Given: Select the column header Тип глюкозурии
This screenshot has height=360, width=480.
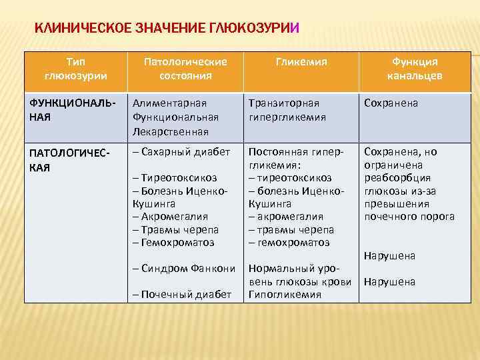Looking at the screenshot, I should tap(75, 69).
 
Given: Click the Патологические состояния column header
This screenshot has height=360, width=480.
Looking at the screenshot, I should tap(185, 69).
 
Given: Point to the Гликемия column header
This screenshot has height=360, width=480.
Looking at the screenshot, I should tap(301, 62).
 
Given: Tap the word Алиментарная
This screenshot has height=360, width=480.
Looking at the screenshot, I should tap(169, 103).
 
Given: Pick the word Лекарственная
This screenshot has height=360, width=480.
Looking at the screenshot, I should tap(171, 131).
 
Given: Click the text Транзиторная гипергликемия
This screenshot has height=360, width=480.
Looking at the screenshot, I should tap(287, 110).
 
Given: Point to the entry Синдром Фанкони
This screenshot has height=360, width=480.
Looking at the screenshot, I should tap(184, 269).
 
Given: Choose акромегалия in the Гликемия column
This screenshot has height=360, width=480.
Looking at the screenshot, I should tap(285, 217).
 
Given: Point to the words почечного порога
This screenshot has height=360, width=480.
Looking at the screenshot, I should tap(409, 217).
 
